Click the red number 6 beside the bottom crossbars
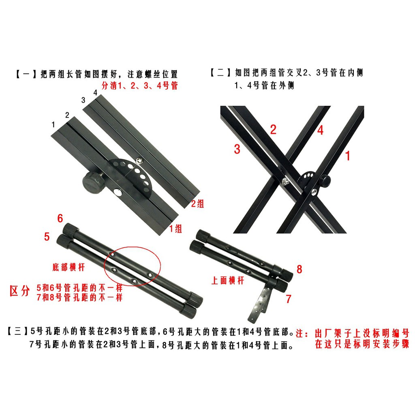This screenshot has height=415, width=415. coord(60,218)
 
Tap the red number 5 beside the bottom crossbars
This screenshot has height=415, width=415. coord(47,236)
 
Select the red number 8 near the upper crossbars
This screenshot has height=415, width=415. coord(299,269)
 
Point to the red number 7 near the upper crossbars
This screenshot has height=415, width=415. coord(289,299)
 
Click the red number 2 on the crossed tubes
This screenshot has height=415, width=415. coord(273,129)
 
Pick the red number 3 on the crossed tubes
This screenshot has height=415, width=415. coord(237,149)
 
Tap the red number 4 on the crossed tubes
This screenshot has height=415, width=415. coord(320,130)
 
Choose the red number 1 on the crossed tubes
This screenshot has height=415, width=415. coord(348,156)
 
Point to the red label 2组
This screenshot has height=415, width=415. coord(198,203)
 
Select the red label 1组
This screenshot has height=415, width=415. coord(175,229)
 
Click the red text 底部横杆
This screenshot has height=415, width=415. coord(68,267)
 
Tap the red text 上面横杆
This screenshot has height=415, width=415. coord(228,280)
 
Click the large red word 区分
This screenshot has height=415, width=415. coord(19,291)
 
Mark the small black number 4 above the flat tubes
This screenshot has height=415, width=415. coord(95,93)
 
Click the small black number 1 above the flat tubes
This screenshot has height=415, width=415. coord(53,124)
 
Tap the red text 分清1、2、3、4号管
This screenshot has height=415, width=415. coord(140,86)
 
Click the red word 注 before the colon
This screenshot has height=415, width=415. coord(299,333)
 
